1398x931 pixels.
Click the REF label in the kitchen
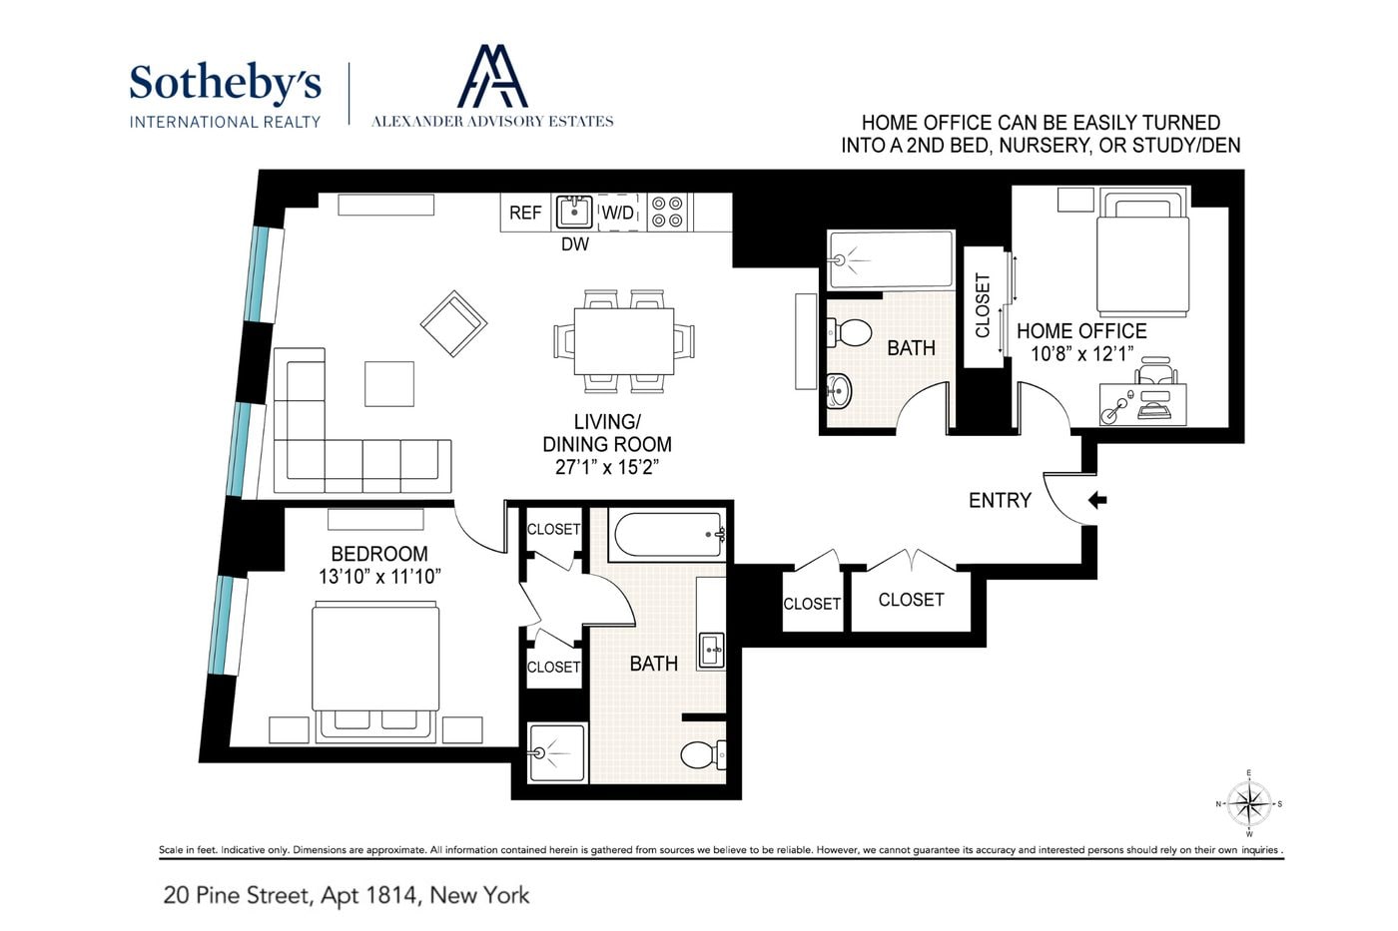(525, 213)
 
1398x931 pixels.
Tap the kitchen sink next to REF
(574, 212)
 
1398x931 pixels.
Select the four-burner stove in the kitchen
(667, 212)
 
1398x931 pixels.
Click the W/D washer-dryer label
(618, 213)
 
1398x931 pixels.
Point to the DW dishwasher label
(575, 243)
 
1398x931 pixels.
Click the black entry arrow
(1097, 500)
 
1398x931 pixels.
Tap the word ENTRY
(1000, 500)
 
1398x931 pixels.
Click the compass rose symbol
(1249, 804)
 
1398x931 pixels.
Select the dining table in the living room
(623, 341)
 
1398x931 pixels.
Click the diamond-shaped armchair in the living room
(453, 323)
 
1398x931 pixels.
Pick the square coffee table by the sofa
(389, 384)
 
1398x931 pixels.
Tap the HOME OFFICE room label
(1081, 330)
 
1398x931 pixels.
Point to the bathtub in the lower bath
(668, 535)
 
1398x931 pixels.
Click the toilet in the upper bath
(849, 333)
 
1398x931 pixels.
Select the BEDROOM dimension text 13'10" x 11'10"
(380, 576)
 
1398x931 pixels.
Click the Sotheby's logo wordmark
(226, 84)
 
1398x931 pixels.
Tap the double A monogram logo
(492, 76)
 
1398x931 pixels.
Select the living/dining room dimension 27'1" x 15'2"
(607, 467)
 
